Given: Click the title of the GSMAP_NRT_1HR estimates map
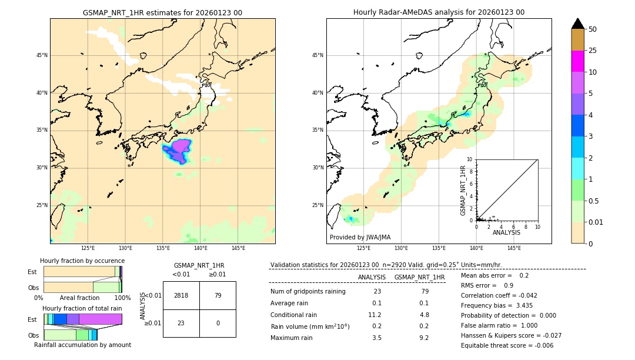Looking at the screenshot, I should (162, 12).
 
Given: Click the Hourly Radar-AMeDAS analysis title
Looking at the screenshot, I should (439, 12).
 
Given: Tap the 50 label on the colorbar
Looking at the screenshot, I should (593, 29).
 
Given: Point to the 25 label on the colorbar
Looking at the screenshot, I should (593, 51).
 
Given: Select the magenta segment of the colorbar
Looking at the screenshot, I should (577, 61).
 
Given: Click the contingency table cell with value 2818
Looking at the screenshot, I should (181, 295).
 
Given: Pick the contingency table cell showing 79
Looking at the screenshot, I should (218, 295).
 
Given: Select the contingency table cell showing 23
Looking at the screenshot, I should (181, 323).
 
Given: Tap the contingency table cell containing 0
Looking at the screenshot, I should (218, 323).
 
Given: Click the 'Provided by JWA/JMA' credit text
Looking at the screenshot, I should (360, 238).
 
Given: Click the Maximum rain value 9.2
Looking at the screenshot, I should (423, 338).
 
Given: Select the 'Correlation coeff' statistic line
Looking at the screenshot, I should (499, 295).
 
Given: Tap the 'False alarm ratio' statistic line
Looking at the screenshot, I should (499, 325).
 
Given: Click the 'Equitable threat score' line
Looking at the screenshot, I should (507, 345).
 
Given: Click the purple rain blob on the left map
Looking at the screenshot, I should (178, 151).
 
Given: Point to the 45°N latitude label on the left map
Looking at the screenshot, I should (42, 55).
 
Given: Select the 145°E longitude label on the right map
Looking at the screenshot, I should (514, 248).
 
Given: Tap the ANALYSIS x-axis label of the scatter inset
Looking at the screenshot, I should (506, 232).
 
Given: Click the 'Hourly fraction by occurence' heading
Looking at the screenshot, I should (82, 261).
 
